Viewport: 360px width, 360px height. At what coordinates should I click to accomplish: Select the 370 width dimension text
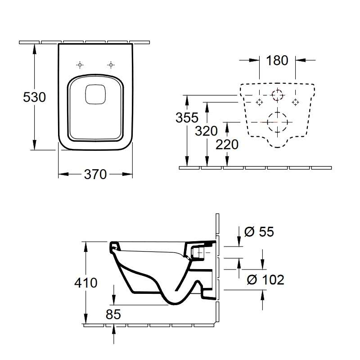pyautogui.click(x=95, y=174)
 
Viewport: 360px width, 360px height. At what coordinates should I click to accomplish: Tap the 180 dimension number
pyautogui.click(x=277, y=60)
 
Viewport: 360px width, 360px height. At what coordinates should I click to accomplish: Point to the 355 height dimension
pyautogui.click(x=186, y=118)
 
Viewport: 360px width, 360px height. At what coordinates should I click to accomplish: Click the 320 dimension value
pyautogui.click(x=206, y=131)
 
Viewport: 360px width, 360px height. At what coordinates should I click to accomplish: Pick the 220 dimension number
pyautogui.click(x=227, y=144)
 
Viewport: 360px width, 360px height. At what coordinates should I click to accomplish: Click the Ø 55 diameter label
pyautogui.click(x=259, y=232)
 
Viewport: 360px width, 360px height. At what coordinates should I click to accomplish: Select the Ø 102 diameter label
pyautogui.click(x=265, y=279)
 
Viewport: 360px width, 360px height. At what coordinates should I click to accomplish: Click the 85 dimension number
pyautogui.click(x=113, y=315)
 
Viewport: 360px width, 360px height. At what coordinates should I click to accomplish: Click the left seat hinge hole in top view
pyautogui.click(x=80, y=65)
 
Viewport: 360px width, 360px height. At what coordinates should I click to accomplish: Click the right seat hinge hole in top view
pyautogui.click(x=110, y=65)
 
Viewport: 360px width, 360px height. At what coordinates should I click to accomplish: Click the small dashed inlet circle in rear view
pyautogui.click(x=277, y=95)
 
